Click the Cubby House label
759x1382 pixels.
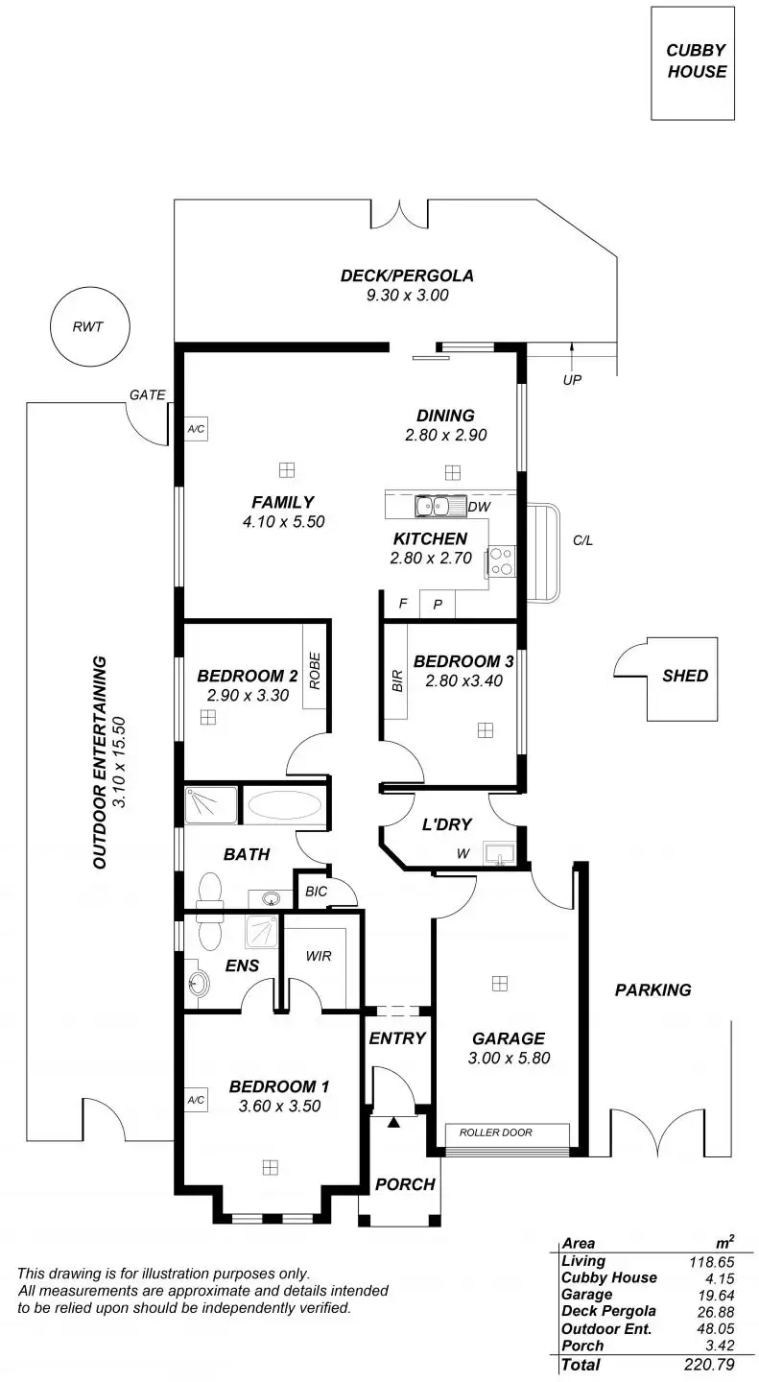coord(696,60)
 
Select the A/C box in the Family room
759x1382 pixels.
coord(197,429)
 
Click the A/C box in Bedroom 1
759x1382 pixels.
coord(197,1100)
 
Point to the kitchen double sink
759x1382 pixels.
coord(432,507)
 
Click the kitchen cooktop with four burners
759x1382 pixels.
coord(502,561)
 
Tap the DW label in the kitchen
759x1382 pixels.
coord(479,507)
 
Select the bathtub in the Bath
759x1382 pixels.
coord(284,806)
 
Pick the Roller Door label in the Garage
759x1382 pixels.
coord(495,1132)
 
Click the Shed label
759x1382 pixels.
coord(685,676)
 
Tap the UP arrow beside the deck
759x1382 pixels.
coord(572,355)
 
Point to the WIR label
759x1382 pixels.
coord(319,956)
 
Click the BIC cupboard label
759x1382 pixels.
coord(316,891)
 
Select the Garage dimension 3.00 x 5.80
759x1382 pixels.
coord(510,1058)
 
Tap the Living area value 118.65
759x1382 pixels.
coord(712,1262)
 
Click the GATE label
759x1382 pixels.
coord(148,394)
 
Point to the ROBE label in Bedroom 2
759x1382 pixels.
coord(315,671)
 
